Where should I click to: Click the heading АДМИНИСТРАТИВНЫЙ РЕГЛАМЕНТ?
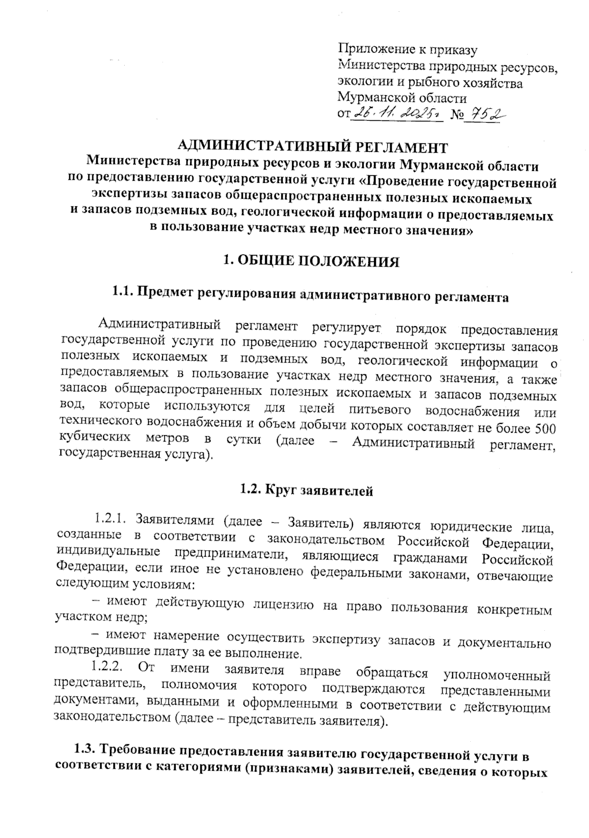(x=313, y=146)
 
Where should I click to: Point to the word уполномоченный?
(x=496, y=676)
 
